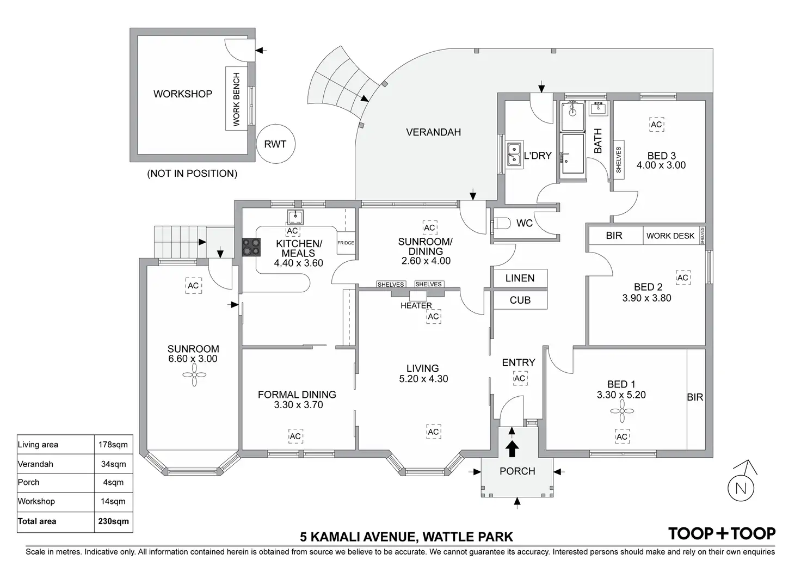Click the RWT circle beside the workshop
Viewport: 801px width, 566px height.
(x=275, y=144)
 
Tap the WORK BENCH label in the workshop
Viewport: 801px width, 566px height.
(x=236, y=99)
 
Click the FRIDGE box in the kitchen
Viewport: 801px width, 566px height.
(x=346, y=243)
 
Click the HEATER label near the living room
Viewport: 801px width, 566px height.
(x=416, y=305)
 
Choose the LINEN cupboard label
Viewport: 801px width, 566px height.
(x=520, y=278)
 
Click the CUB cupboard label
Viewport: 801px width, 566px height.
(x=520, y=300)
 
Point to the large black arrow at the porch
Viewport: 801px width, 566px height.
(x=512, y=450)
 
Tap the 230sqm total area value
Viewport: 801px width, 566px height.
(x=113, y=521)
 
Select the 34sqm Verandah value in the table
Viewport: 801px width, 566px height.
(x=113, y=464)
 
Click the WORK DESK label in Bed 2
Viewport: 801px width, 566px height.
(x=670, y=236)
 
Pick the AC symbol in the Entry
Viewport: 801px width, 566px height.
(x=520, y=378)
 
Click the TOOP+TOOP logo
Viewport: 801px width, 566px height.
(x=722, y=533)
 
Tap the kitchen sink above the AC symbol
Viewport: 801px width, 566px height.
(x=295, y=217)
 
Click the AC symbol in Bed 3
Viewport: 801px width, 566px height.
(x=656, y=125)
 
